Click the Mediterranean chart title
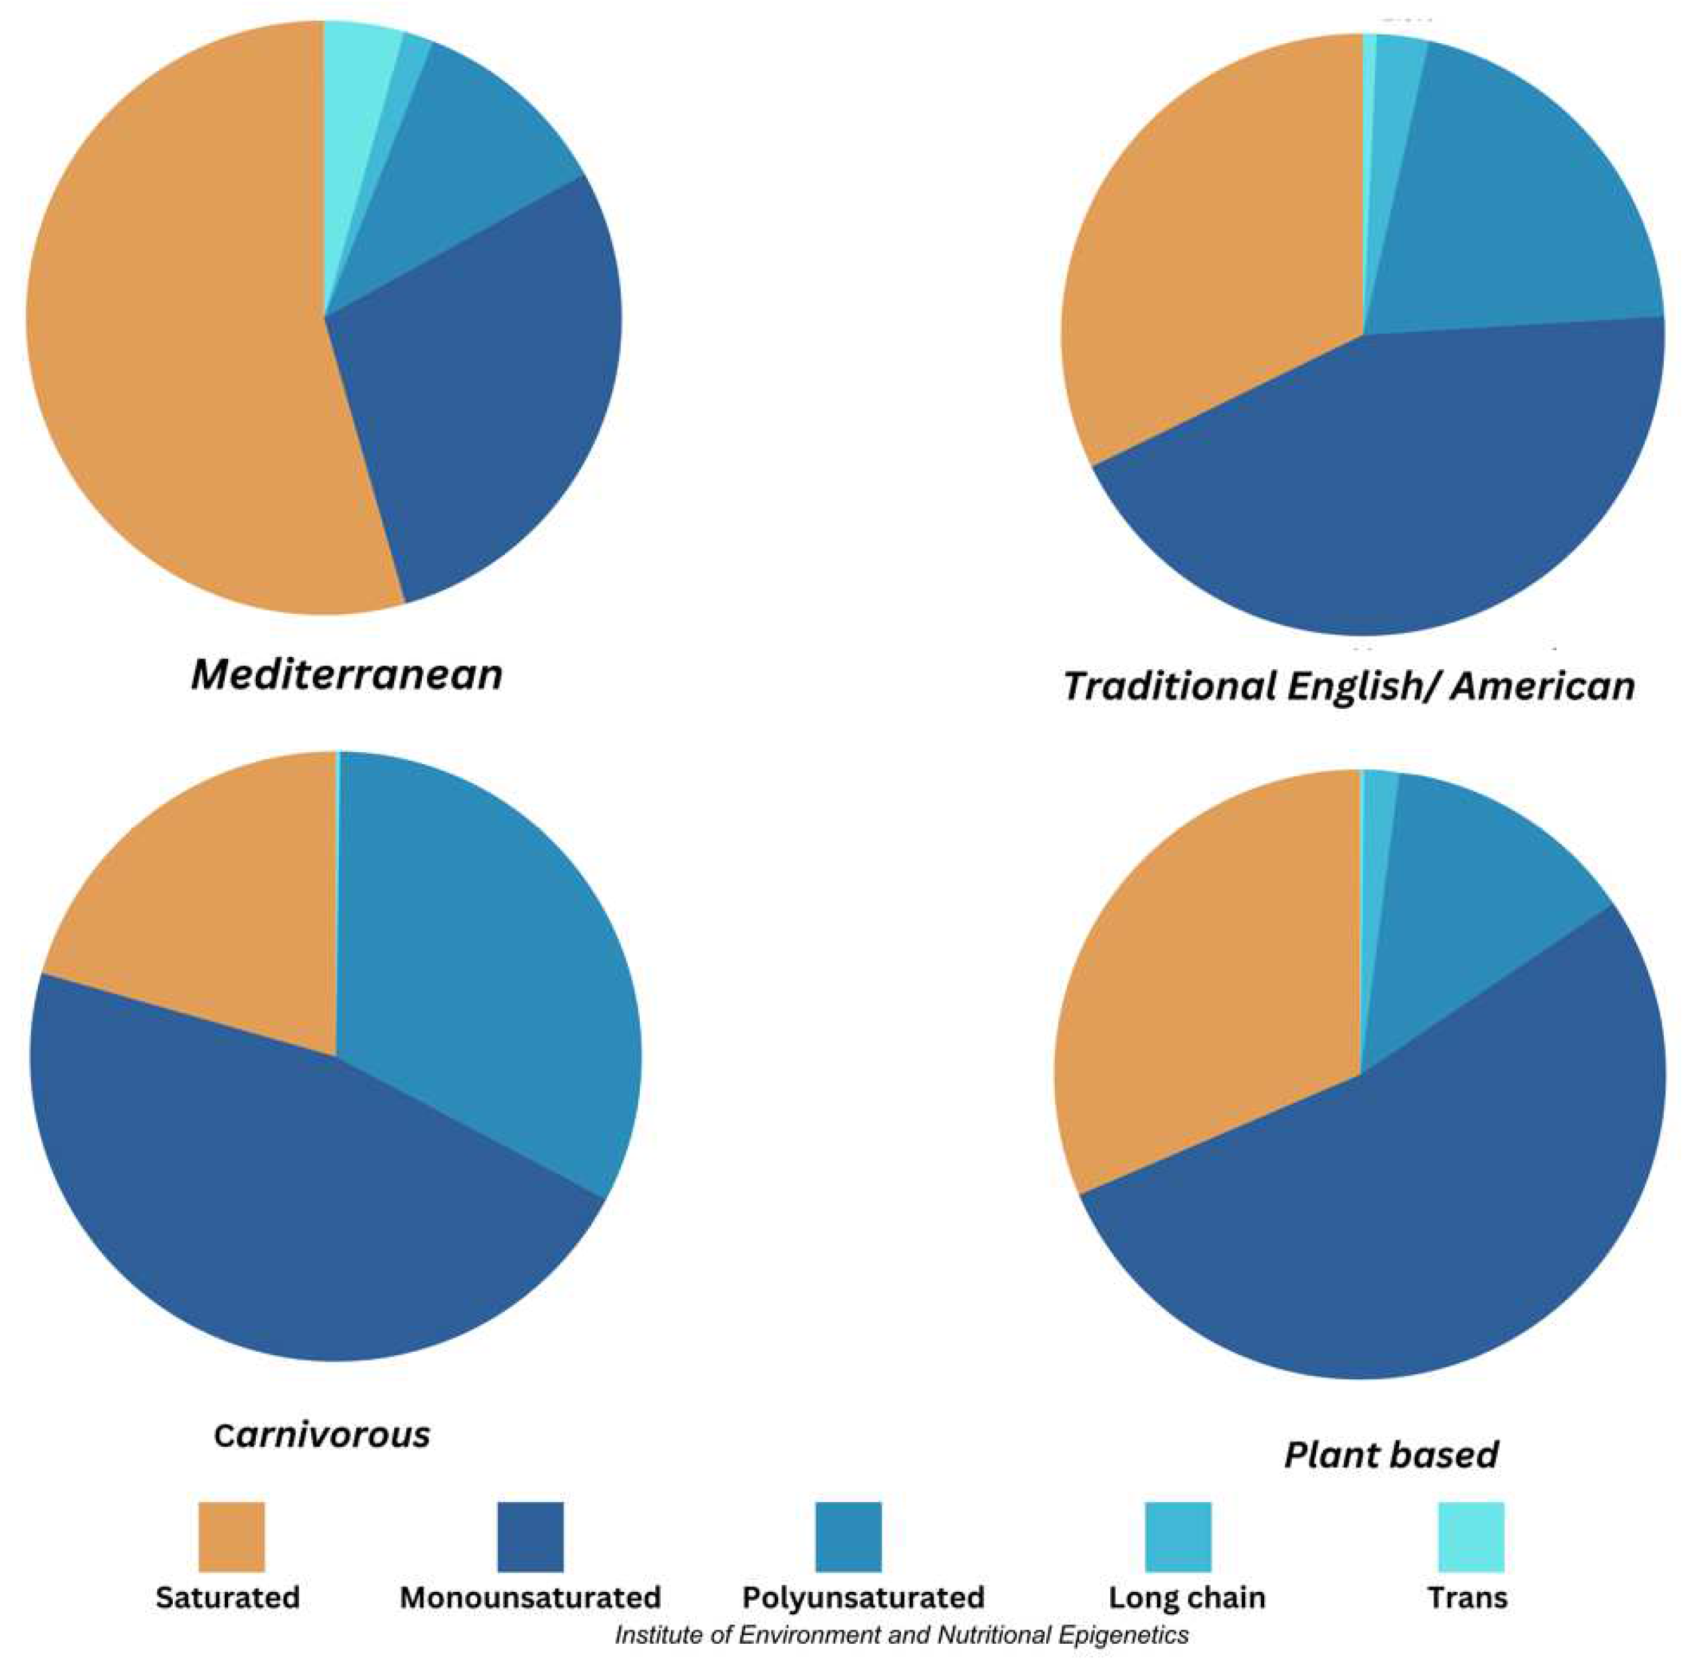click(x=346, y=675)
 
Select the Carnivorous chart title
click(x=322, y=1434)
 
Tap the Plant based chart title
click(x=1391, y=1455)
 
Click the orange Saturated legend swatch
click(x=231, y=1535)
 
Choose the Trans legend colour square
click(x=1471, y=1535)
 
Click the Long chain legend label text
click(x=1187, y=1597)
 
